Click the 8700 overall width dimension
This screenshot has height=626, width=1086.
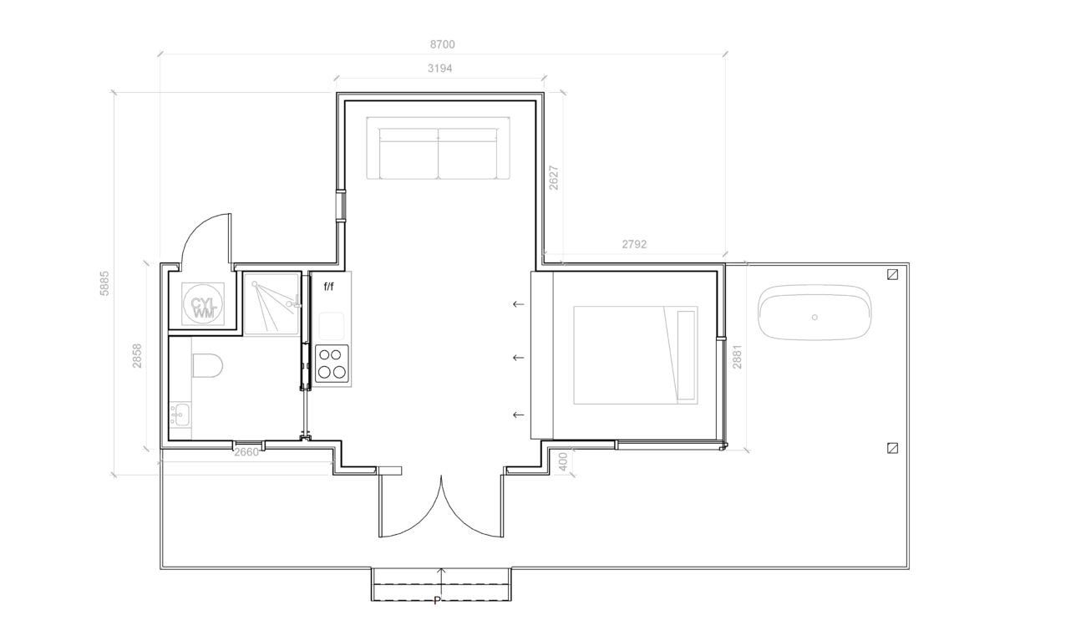click(x=442, y=44)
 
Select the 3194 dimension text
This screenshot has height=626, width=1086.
click(x=439, y=69)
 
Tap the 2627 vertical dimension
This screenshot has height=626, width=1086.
click(x=554, y=178)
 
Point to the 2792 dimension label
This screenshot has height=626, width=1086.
click(x=634, y=244)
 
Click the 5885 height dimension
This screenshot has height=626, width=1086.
click(x=104, y=283)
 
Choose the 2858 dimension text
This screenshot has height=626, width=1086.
click(x=137, y=356)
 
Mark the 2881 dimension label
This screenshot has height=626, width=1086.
click(x=737, y=357)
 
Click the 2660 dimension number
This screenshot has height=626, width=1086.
click(x=246, y=452)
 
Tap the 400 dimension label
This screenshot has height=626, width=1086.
click(x=563, y=461)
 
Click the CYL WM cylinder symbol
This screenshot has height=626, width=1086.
click(x=203, y=304)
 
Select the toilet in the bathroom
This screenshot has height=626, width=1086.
click(x=207, y=365)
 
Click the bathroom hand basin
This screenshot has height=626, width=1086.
click(x=180, y=414)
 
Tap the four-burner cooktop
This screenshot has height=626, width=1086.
click(x=332, y=364)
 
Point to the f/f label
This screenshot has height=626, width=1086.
click(x=328, y=287)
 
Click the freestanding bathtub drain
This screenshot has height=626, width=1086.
click(x=814, y=317)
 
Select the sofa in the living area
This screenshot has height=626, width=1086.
click(x=438, y=148)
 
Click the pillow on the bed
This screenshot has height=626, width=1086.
click(x=686, y=355)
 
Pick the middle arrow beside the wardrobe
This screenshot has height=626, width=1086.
click(x=518, y=358)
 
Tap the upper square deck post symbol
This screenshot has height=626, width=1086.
click(x=892, y=274)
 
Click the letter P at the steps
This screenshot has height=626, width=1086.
click(x=437, y=601)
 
